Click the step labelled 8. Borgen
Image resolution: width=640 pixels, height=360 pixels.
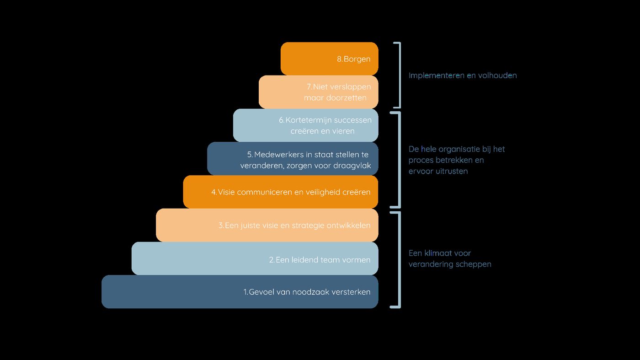click(x=330, y=59)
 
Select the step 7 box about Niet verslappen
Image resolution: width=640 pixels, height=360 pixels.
click(x=319, y=92)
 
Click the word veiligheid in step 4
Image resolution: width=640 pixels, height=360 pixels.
click(x=323, y=192)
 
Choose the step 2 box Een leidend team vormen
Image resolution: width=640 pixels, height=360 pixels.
click(x=255, y=258)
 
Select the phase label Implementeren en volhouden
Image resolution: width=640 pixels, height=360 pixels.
click(x=463, y=75)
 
